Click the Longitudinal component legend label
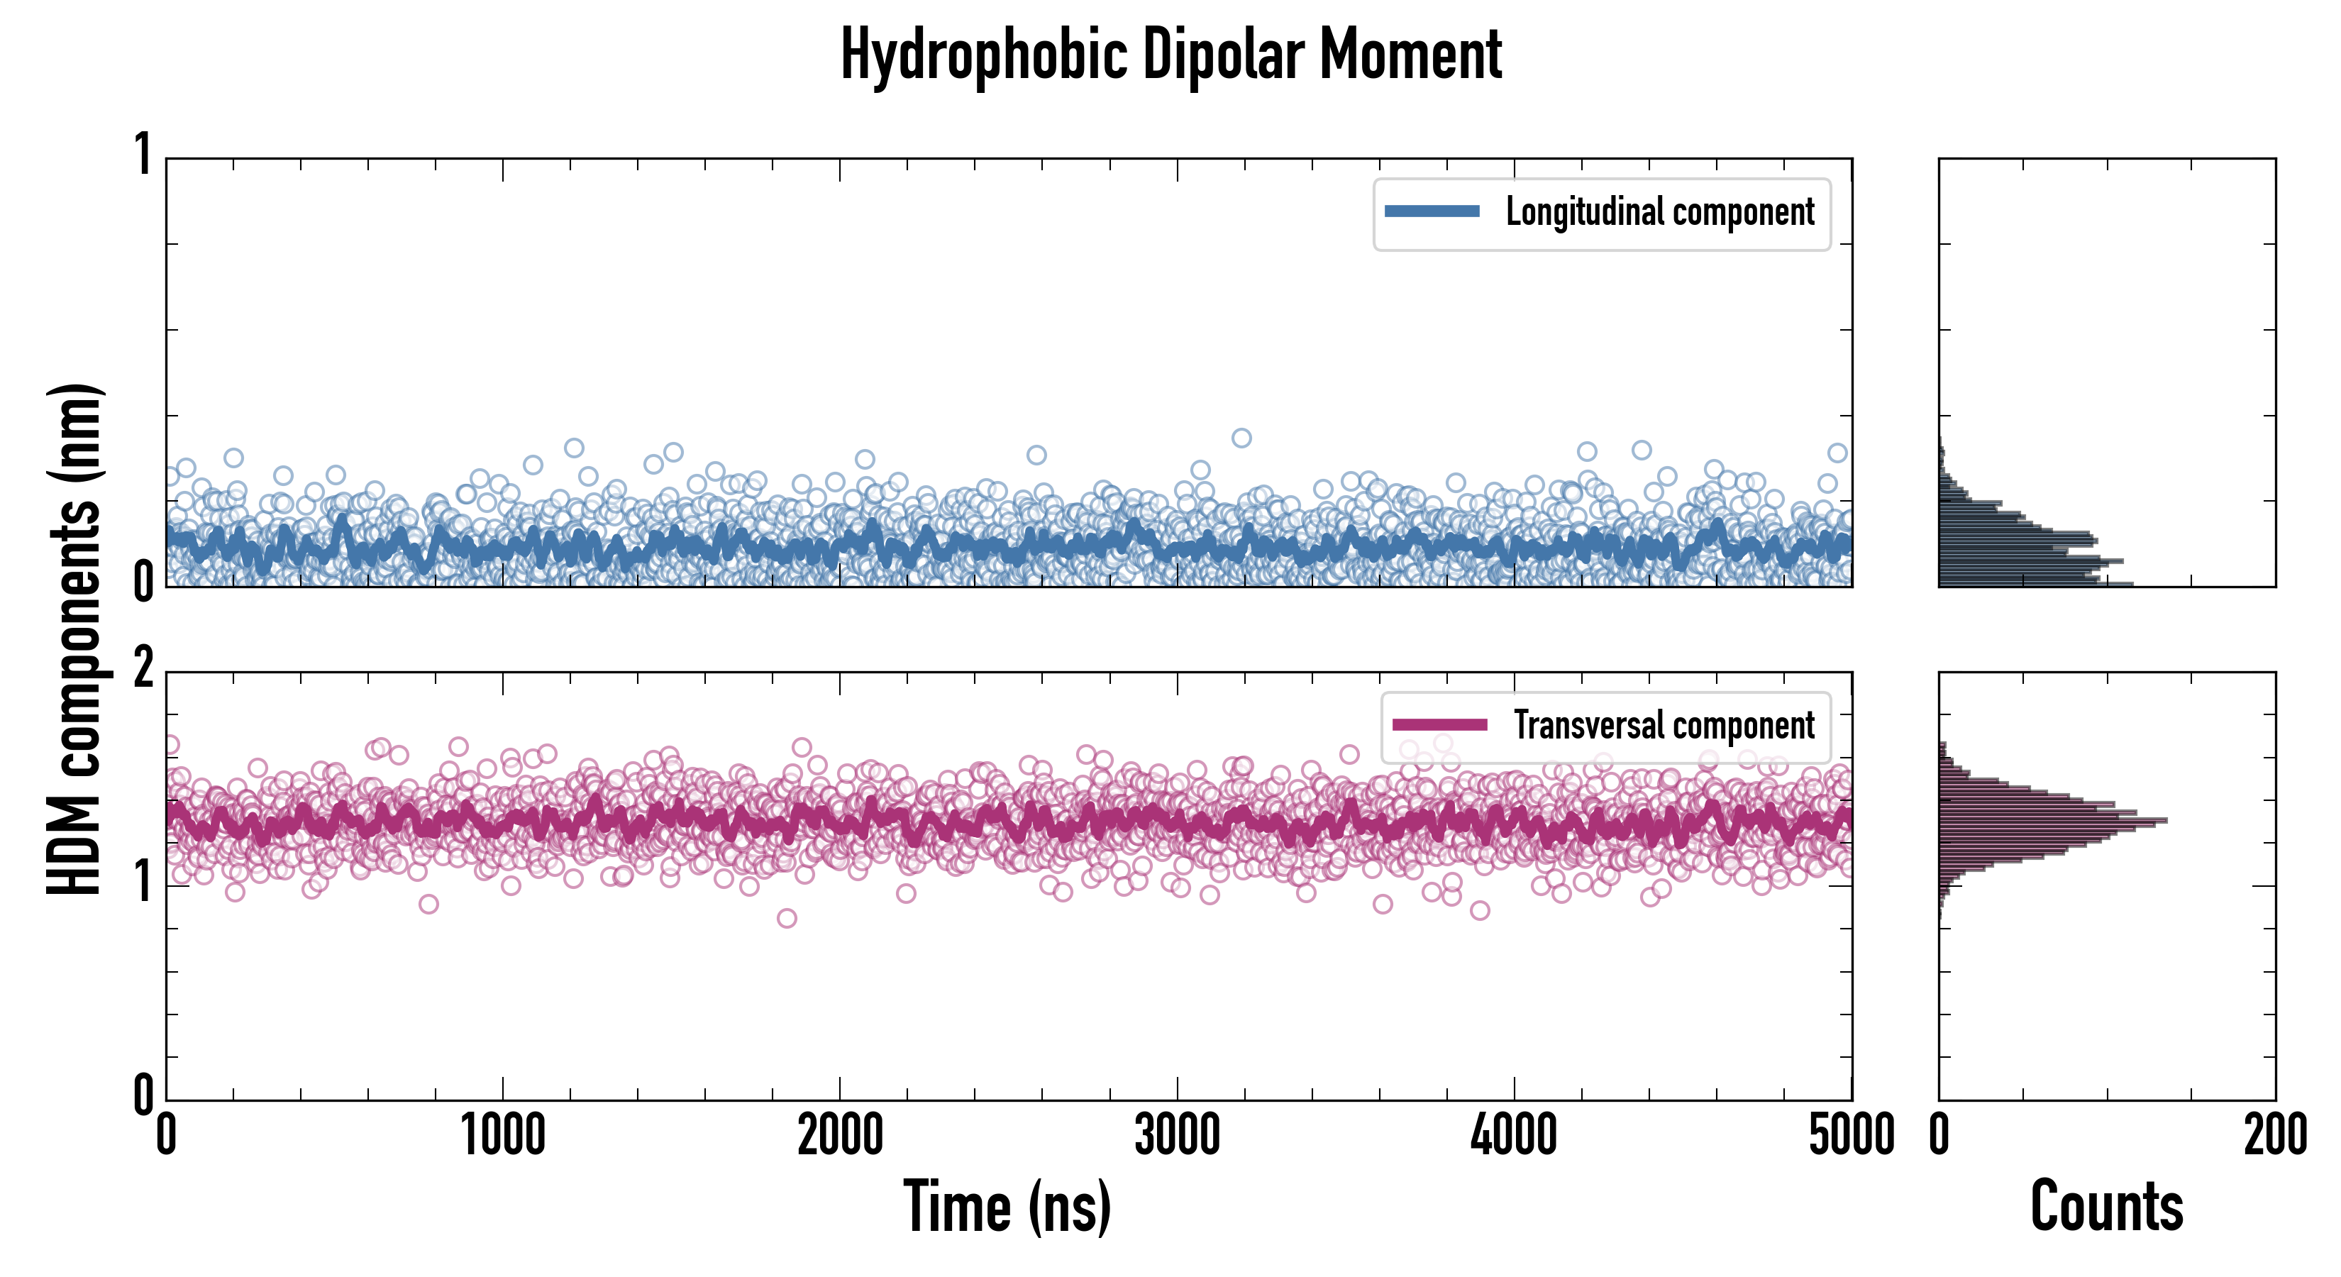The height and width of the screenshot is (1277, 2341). point(1659,212)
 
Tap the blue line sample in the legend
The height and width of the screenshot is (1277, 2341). point(1432,212)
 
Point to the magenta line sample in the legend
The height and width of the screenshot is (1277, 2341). point(1439,725)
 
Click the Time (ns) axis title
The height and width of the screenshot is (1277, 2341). point(1007,1206)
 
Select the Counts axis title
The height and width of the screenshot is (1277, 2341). point(2106,1206)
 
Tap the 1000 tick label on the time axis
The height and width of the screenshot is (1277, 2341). point(502,1136)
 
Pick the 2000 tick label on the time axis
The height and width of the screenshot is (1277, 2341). point(840,1136)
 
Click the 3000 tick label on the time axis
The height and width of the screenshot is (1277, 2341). point(1177,1136)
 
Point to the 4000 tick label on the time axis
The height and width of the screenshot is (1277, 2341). point(1514,1136)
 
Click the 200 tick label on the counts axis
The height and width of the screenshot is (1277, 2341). point(2274,1136)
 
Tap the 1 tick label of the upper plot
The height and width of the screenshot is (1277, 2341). point(143,155)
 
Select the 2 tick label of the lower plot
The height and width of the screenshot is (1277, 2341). point(143,669)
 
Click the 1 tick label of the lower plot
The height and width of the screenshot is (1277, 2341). point(143,882)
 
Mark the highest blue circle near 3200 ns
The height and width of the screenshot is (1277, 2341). point(1241,438)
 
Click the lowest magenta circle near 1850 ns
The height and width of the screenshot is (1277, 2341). point(787,918)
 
